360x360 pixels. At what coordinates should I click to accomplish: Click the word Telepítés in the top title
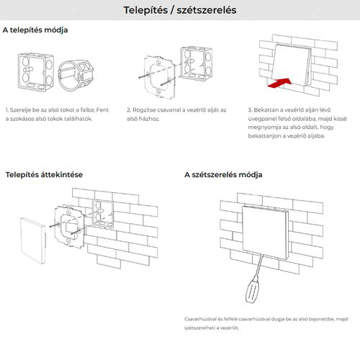[145, 10]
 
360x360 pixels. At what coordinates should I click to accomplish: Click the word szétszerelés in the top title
[207, 10]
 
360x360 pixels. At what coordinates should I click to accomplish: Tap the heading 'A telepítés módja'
[35, 30]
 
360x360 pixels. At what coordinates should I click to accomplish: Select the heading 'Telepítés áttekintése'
[44, 174]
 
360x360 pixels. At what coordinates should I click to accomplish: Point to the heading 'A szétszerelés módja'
[223, 174]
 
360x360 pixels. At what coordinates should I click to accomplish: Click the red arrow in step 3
[279, 83]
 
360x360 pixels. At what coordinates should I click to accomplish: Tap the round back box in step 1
[76, 75]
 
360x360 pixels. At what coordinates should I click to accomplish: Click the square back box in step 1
[35, 72]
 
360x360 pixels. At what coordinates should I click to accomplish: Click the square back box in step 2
[197, 63]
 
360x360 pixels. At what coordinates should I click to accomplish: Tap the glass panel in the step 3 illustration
[292, 65]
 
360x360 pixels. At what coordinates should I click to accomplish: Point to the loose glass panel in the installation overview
[32, 240]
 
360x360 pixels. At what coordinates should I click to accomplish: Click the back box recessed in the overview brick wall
[103, 214]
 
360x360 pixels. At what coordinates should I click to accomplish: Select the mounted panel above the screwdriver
[266, 233]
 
